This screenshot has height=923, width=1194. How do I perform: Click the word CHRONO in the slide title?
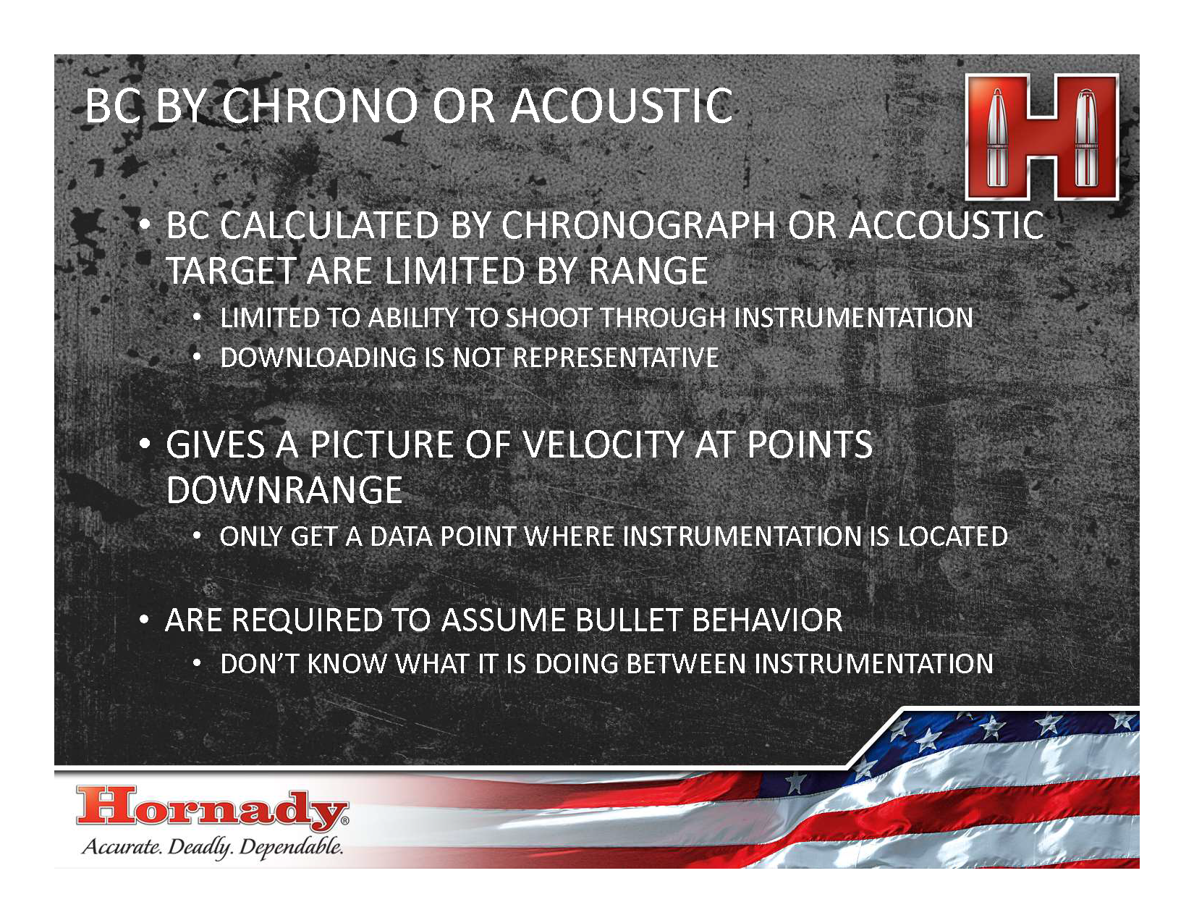(319, 106)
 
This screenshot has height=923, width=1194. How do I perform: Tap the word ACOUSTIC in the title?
(621, 106)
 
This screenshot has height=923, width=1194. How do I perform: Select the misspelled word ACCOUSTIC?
(946, 225)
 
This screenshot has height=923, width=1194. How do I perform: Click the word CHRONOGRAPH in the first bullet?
(638, 225)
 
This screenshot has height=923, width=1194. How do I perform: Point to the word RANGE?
(648, 271)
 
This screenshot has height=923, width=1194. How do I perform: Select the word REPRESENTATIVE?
(615, 358)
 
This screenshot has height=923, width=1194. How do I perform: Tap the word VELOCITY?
(604, 444)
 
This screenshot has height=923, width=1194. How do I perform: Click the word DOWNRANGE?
(284, 490)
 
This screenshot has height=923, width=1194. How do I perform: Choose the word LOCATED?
(952, 536)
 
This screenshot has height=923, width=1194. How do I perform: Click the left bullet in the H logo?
(996, 137)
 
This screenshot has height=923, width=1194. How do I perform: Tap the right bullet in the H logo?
(1085, 137)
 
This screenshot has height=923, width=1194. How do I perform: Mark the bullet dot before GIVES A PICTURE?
(145, 444)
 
